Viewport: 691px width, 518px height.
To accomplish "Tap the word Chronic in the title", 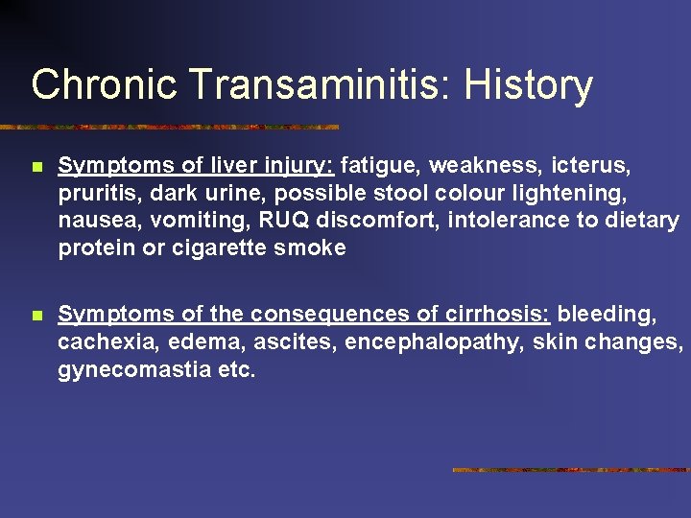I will click(x=104, y=84).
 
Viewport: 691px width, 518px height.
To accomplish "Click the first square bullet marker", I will click(x=36, y=167).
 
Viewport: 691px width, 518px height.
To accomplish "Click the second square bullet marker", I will click(x=36, y=315).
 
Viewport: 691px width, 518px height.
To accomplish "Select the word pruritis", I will click(x=94, y=195).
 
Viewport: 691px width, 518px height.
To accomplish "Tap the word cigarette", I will click(x=229, y=248).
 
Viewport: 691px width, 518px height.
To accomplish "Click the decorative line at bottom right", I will click(x=571, y=470).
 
